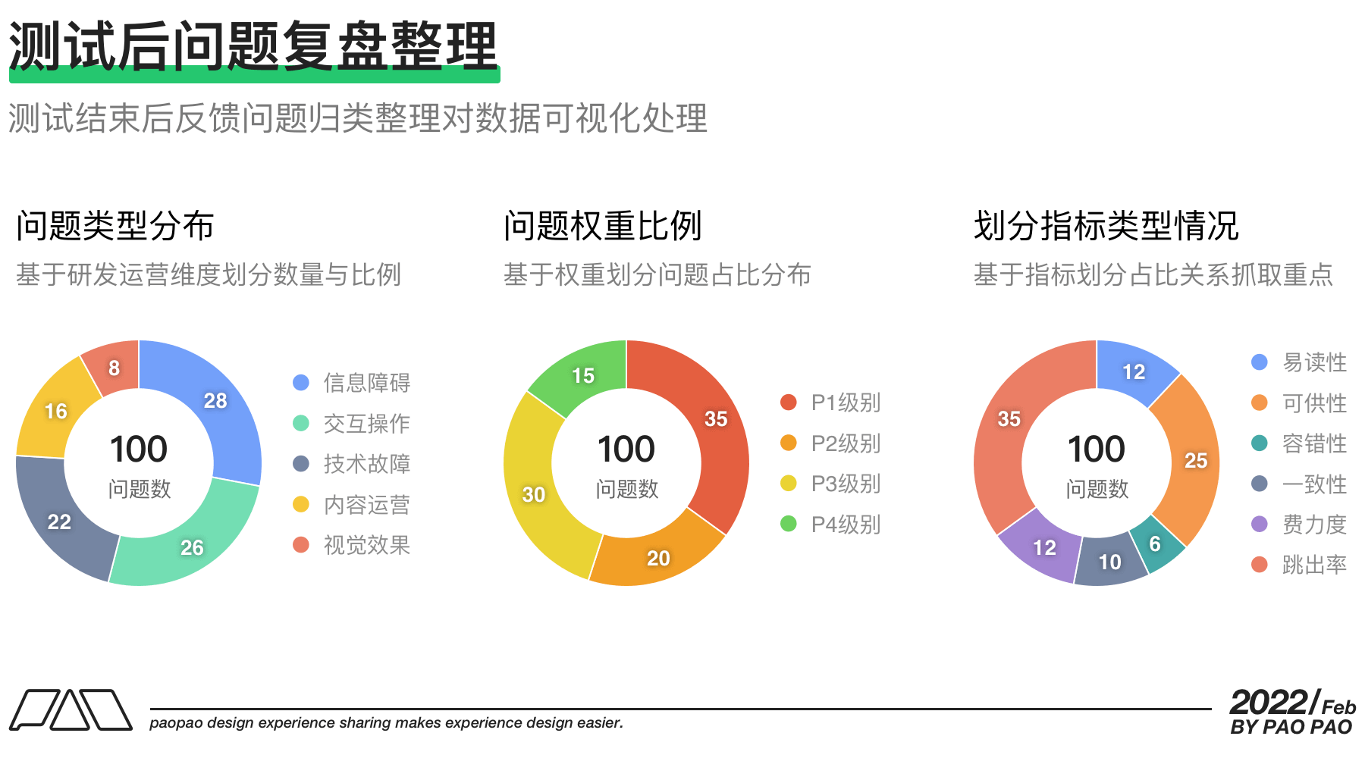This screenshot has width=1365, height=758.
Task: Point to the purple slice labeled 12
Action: click(1043, 547)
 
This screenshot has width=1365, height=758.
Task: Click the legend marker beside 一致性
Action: click(1260, 484)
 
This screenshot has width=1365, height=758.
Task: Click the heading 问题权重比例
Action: click(603, 226)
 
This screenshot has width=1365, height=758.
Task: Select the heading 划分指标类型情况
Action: click(1106, 226)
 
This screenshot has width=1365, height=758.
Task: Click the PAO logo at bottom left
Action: click(71, 709)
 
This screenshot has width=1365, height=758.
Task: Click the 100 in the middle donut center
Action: click(626, 449)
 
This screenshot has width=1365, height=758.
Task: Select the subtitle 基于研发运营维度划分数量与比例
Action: click(209, 274)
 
